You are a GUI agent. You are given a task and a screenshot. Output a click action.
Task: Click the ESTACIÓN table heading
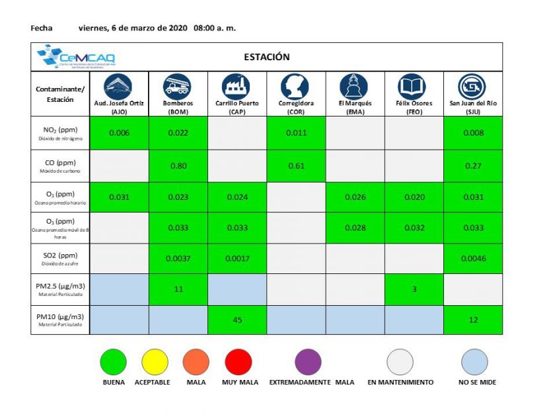point(266,57)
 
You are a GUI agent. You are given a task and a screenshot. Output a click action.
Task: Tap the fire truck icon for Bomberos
point(178,87)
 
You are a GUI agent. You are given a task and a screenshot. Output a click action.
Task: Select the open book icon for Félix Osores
point(412,87)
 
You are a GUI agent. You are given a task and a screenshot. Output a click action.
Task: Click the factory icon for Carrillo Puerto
point(237,87)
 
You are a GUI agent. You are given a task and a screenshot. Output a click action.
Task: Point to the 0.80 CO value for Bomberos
point(178,166)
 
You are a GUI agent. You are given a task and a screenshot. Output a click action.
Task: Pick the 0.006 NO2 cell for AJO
point(120,133)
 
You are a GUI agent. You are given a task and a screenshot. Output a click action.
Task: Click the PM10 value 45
point(237,320)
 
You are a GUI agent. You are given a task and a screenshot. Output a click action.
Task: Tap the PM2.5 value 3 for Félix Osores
point(414,289)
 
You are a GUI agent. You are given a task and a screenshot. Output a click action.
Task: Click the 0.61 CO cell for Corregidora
point(296,166)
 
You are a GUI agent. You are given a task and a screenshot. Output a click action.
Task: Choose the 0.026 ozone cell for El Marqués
point(355,197)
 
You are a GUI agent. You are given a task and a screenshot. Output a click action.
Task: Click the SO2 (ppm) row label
point(60,257)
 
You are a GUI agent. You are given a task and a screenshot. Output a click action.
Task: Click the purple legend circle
point(308,361)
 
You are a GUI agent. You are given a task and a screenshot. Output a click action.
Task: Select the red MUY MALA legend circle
point(239,361)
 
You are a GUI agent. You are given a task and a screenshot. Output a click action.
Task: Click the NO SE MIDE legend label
point(476,382)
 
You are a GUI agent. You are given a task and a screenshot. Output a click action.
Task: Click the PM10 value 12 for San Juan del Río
point(472,320)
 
